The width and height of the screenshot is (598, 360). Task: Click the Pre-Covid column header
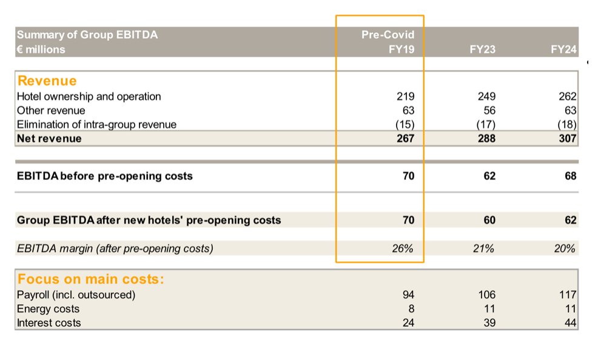pyautogui.click(x=388, y=35)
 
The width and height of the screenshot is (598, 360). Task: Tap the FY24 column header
pyautogui.click(x=563, y=50)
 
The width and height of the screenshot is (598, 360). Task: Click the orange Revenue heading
pyautogui.click(x=47, y=81)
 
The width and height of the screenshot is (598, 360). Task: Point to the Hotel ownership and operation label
pyautogui.click(x=89, y=96)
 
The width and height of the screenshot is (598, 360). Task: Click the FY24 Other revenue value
pyautogui.click(x=569, y=110)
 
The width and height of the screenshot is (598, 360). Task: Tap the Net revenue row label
pyautogui.click(x=49, y=139)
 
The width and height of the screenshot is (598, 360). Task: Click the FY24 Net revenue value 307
pyautogui.click(x=566, y=139)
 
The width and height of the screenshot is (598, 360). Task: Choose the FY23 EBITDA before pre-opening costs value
pyautogui.click(x=489, y=176)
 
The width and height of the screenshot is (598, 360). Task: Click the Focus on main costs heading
pyautogui.click(x=91, y=279)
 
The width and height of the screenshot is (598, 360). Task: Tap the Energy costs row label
pyautogui.click(x=48, y=309)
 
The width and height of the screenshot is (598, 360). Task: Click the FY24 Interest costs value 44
pyautogui.click(x=569, y=323)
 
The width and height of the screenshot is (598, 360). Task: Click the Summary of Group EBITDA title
pyautogui.click(x=87, y=35)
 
